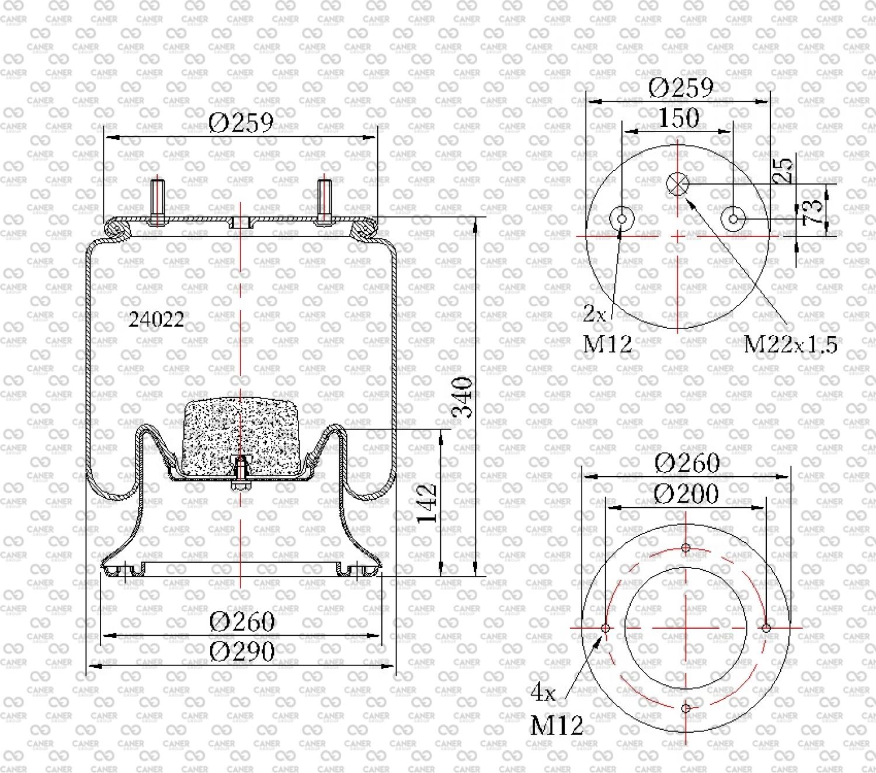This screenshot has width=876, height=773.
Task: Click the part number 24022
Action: coord(157,320)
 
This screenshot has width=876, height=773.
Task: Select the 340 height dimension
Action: coord(462,397)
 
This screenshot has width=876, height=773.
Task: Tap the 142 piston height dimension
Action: coord(427,504)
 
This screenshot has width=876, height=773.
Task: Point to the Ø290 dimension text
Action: coord(242,651)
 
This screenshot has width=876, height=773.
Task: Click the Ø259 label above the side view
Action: coord(241,123)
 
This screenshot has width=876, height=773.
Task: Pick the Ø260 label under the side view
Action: coord(242,622)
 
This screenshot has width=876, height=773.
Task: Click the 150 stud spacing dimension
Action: coord(679,117)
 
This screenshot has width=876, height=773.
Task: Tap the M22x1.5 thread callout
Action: coord(790,345)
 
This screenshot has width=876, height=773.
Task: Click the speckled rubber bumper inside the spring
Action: coord(241,438)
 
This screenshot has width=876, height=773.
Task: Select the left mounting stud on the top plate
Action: coord(157,202)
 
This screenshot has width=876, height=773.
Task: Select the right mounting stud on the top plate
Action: coord(324,202)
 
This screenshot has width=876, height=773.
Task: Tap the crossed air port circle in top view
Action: coord(677,184)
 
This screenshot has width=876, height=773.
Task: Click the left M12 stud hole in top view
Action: coord(622,219)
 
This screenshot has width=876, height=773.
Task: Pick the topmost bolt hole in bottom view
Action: coord(686,548)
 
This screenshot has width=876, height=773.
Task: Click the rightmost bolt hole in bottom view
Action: coord(766,628)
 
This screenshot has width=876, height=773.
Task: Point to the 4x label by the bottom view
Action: coord(543,694)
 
